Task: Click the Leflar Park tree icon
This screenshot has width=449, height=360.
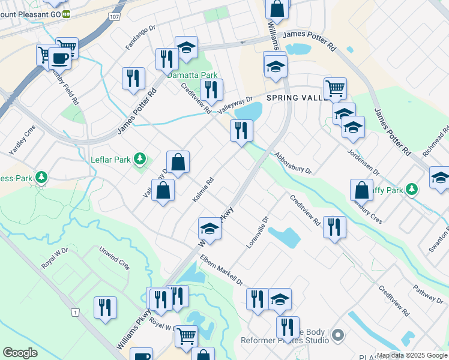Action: (x=140, y=159)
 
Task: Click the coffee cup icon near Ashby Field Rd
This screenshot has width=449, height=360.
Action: (x=59, y=58)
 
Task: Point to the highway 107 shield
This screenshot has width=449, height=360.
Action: (x=114, y=17)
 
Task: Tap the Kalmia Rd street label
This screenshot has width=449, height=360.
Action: (x=204, y=189)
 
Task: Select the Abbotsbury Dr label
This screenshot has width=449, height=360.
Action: (x=293, y=162)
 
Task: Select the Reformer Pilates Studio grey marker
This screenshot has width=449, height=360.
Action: (x=337, y=334)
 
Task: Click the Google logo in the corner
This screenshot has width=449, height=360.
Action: (x=20, y=352)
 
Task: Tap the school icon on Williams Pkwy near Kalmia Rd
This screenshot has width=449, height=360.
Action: (x=209, y=228)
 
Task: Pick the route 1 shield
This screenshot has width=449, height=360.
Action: (x=75, y=312)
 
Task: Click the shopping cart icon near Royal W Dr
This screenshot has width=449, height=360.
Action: (x=186, y=336)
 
